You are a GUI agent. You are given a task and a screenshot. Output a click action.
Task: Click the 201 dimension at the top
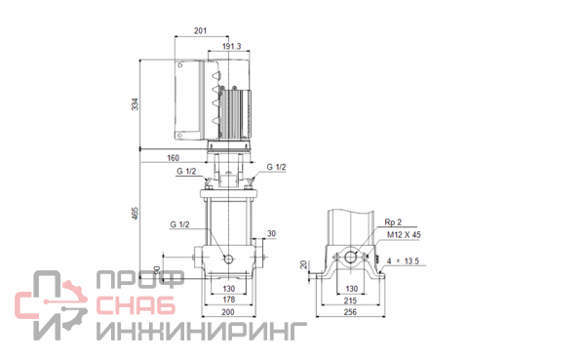click(x=200, y=30)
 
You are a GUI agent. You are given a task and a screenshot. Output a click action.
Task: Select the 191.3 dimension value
click(x=232, y=46)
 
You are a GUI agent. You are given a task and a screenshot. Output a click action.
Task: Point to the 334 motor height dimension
click(x=135, y=104)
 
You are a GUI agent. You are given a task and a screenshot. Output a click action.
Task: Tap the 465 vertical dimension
click(x=135, y=214)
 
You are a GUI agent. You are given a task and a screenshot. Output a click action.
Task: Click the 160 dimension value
click(x=173, y=158)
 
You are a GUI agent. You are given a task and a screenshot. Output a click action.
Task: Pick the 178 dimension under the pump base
click(x=229, y=300)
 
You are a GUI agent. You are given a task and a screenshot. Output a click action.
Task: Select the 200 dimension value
click(x=228, y=312)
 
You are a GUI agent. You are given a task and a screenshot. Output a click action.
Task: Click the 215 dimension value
click(x=350, y=300)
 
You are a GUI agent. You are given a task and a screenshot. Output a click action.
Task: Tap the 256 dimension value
click(x=350, y=312)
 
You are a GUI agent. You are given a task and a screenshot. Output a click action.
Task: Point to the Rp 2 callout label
click(x=393, y=222)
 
